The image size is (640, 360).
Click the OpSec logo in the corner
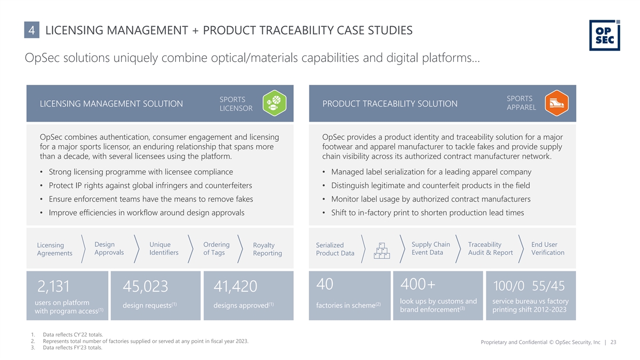click(604, 35)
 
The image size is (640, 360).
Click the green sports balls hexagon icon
click(276, 103)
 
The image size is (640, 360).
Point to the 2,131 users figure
click(54, 286)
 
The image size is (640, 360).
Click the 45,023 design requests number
click(146, 286)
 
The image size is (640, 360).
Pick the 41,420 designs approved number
click(236, 286)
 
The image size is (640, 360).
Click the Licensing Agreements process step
click(54, 249)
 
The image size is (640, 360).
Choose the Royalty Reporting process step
click(267, 249)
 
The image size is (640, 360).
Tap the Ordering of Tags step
click(216, 249)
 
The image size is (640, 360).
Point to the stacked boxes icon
click(382, 249)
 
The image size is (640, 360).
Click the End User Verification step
click(548, 249)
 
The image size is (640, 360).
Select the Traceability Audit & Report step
click(490, 249)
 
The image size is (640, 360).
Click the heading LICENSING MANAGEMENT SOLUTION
click(111, 103)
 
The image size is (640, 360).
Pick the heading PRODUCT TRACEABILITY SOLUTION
click(390, 103)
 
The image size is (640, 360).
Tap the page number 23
click(613, 343)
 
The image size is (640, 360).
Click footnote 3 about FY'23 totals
click(71, 348)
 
